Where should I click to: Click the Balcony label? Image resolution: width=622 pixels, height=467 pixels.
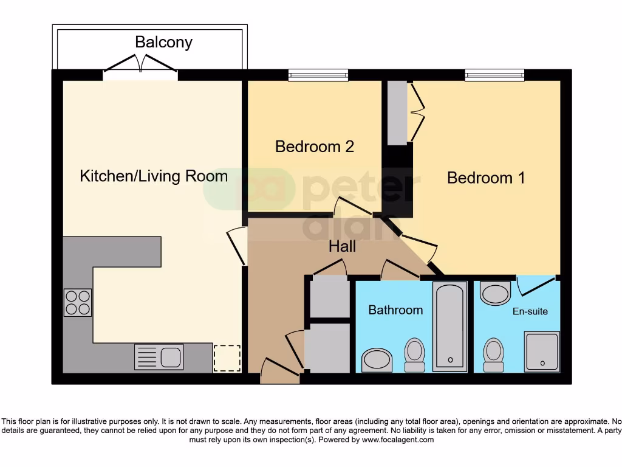pyautogui.click(x=163, y=42)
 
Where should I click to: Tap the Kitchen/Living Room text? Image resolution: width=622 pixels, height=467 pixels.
pyautogui.click(x=154, y=176)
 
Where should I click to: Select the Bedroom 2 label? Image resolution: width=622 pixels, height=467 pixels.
pyautogui.click(x=314, y=147)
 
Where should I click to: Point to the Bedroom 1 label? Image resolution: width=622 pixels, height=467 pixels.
pyautogui.click(x=486, y=178)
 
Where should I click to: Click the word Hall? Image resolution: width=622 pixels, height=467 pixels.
pyautogui.click(x=342, y=246)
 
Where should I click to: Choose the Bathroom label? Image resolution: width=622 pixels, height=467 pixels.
pyautogui.click(x=395, y=310)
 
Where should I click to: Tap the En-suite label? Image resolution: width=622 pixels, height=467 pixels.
pyautogui.click(x=530, y=311)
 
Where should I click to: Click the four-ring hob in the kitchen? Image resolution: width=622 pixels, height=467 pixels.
pyautogui.click(x=78, y=302)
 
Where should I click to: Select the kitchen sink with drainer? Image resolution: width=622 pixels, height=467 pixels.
pyautogui.click(x=159, y=356)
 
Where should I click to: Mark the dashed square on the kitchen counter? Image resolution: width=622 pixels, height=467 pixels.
pyautogui.click(x=227, y=358)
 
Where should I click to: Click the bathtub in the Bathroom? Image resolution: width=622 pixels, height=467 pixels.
pyautogui.click(x=450, y=326)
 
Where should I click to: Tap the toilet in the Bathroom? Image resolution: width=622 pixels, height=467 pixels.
pyautogui.click(x=415, y=355)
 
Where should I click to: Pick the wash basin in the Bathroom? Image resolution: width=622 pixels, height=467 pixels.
pyautogui.click(x=377, y=361)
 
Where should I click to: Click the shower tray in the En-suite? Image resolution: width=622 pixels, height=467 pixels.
pyautogui.click(x=541, y=351)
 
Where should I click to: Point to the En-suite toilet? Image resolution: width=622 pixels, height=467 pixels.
pyautogui.click(x=493, y=355)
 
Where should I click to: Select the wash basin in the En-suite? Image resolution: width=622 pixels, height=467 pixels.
pyautogui.click(x=495, y=294)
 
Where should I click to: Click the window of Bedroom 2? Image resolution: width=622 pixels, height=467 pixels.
pyautogui.click(x=318, y=75)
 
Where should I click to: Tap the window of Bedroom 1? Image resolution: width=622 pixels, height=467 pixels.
pyautogui.click(x=494, y=75)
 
